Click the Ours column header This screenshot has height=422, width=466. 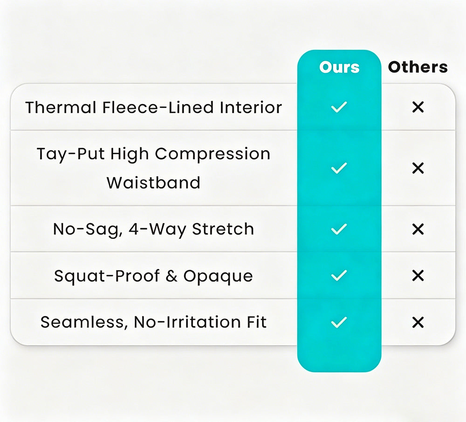[339, 67]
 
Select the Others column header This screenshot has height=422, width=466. [418, 67]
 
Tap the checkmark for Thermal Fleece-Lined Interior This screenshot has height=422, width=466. [339, 107]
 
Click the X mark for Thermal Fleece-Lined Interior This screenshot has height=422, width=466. [418, 107]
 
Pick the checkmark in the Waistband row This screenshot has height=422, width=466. [339, 168]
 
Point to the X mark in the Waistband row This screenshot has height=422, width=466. [418, 168]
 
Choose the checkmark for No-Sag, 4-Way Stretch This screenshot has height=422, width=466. [339, 229]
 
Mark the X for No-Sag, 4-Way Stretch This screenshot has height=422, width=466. [418, 229]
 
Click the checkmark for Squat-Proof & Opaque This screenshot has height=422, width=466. [339, 276]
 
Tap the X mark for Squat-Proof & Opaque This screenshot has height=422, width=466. [418, 276]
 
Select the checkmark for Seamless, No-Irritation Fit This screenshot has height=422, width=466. [339, 322]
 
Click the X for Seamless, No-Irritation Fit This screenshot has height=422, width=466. [418, 322]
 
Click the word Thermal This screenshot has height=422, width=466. [61, 107]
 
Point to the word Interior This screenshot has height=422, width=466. [251, 107]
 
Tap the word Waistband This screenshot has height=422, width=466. [153, 182]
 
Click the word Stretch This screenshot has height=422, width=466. [223, 229]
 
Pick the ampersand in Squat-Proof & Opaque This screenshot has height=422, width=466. [171, 276]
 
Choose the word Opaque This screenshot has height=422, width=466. [218, 277]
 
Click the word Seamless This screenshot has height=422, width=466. [82, 322]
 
